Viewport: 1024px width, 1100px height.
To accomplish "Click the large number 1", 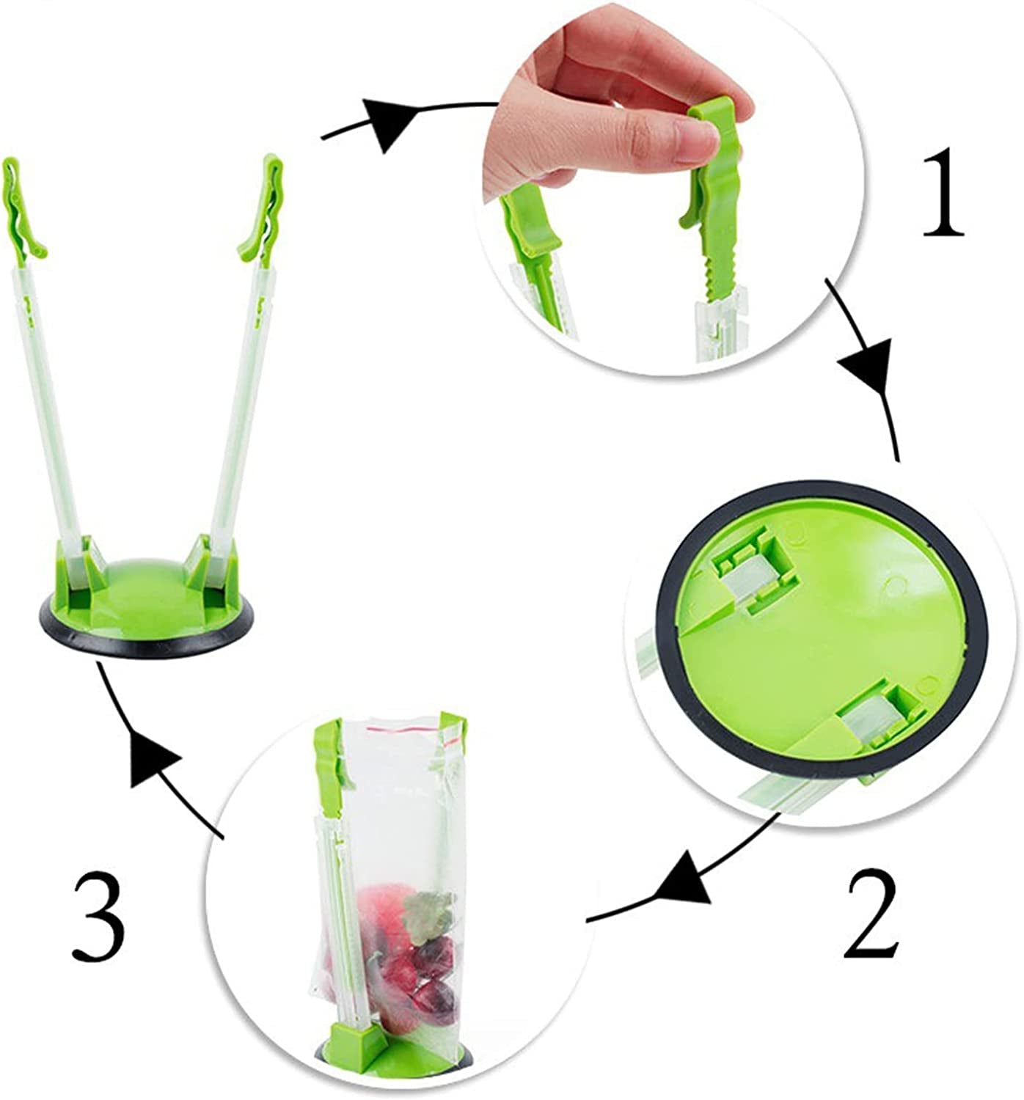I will pos(943,193).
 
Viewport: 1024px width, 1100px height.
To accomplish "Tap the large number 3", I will pos(98,916).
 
